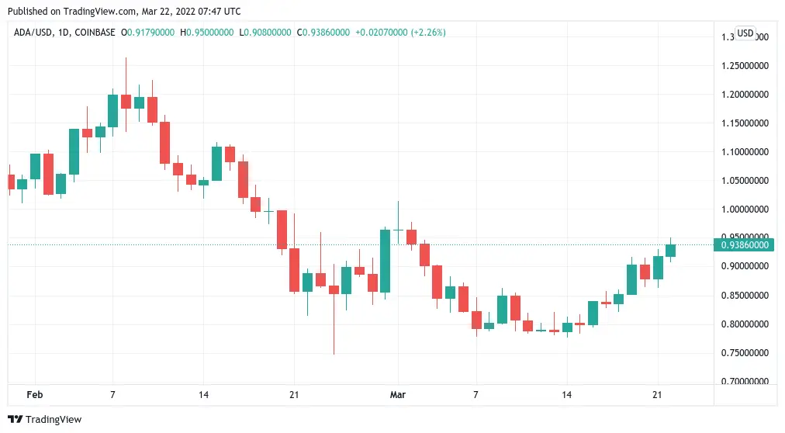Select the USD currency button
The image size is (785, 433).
point(745,33)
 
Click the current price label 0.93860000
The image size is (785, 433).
point(745,245)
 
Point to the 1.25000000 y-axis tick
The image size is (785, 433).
point(745,65)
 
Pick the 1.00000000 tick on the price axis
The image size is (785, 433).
point(745,210)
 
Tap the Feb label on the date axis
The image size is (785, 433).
point(35,395)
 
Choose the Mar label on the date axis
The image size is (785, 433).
point(398,395)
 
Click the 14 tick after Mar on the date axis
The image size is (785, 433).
point(566,395)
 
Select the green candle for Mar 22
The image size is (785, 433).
point(670,250)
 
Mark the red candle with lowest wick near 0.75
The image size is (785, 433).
point(334,289)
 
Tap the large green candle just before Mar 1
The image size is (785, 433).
point(385,260)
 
